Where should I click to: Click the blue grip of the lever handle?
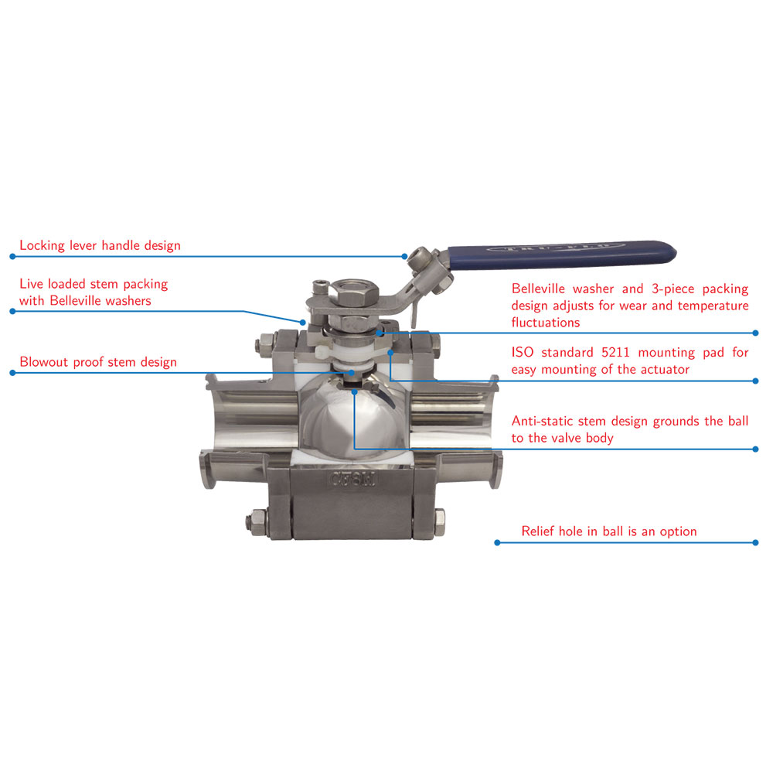click(562, 255)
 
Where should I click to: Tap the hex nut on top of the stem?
click(355, 293)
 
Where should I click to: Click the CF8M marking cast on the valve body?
click(353, 480)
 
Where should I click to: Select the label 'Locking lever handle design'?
click(100, 245)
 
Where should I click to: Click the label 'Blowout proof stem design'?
click(98, 362)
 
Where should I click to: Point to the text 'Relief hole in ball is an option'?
click(608, 531)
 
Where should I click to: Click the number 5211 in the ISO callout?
click(615, 352)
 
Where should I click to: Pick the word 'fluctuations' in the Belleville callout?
click(545, 323)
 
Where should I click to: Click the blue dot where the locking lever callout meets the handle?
click(404, 256)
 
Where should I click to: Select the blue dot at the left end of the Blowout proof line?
click(13, 373)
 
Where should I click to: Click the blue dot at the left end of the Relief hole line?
click(498, 542)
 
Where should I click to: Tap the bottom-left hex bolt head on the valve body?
click(257, 521)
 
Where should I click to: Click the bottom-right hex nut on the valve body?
click(439, 522)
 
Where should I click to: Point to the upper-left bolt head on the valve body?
click(264, 343)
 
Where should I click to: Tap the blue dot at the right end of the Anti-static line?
click(756, 449)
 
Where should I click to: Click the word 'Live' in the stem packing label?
click(31, 284)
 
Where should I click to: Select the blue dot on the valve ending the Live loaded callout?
click(303, 323)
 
